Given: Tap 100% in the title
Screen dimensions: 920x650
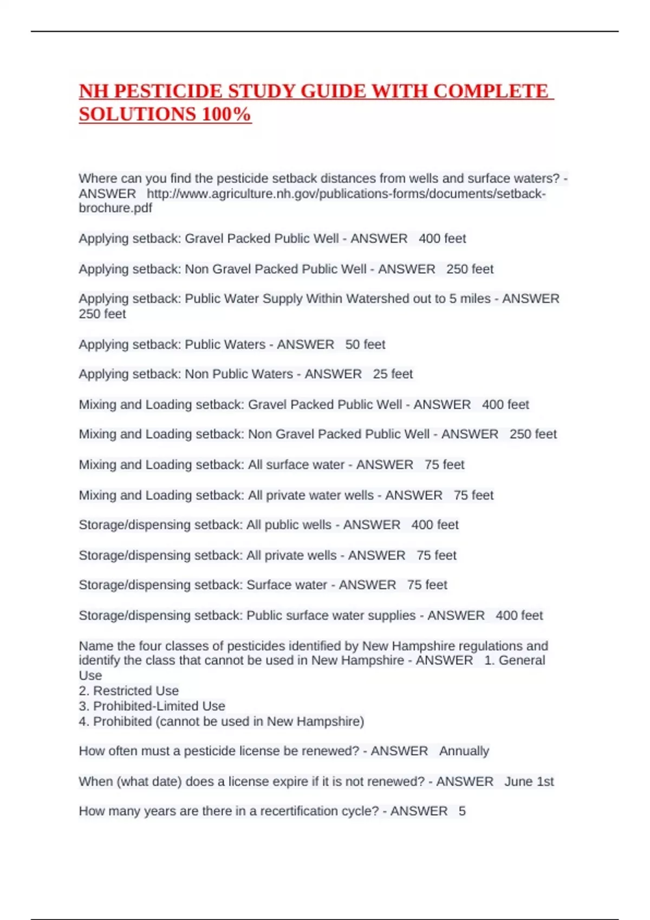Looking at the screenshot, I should click(x=226, y=114).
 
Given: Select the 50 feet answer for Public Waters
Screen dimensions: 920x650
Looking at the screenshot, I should click(x=365, y=344).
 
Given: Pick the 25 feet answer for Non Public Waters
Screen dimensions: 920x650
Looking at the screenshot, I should click(x=393, y=374).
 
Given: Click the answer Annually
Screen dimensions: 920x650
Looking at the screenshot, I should click(x=464, y=751).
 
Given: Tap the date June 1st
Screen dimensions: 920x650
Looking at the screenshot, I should click(x=529, y=781).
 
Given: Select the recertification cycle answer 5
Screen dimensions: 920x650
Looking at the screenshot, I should click(x=462, y=811).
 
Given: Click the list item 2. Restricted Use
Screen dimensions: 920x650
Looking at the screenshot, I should click(x=129, y=691).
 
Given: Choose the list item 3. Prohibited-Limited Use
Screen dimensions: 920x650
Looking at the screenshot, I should click(x=152, y=706).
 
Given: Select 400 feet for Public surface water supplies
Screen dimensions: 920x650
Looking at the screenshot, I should click(x=519, y=615).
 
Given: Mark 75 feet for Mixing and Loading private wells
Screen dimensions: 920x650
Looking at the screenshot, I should click(x=473, y=495).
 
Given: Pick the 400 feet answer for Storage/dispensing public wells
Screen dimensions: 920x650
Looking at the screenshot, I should click(x=434, y=524).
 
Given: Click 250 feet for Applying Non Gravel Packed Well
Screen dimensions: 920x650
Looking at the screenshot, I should click(x=470, y=269).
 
